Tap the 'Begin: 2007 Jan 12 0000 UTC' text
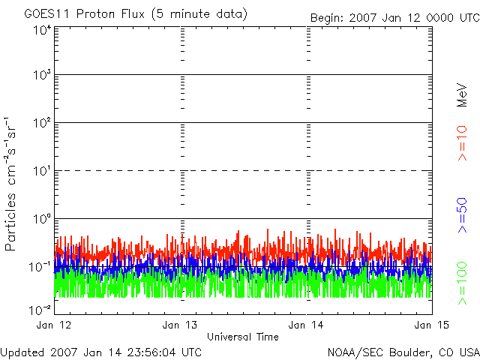tap(395, 18)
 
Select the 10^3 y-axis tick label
tap(42, 75)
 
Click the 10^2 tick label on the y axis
tap(42, 123)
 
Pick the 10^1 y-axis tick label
tap(42, 171)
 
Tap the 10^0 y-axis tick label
tap(42, 219)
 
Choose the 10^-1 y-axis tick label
tap(40, 267)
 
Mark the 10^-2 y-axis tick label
tap(40, 310)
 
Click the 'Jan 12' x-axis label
tap(54, 325)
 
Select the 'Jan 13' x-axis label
tap(180, 325)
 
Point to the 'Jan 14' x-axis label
tap(306, 325)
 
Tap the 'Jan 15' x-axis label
tap(432, 325)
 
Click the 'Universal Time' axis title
tap(243, 337)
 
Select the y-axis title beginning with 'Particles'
tap(10, 184)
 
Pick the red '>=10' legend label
tap(462, 143)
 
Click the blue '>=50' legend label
tap(462, 215)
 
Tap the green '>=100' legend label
tap(462, 283)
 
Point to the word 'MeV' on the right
tap(462, 95)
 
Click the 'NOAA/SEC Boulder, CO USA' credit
tap(403, 353)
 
